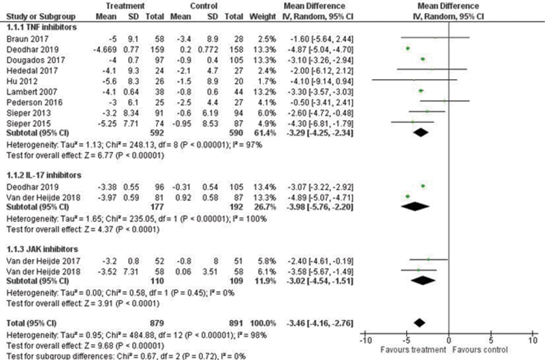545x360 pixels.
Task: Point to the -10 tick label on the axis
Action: (364, 340)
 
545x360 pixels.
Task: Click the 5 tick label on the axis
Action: (490, 340)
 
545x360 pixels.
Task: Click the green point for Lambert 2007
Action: (420, 90)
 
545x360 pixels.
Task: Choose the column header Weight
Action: (269, 16)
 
